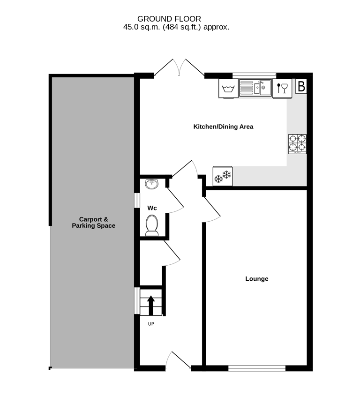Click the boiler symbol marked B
coord(301,86)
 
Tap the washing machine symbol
coord(228,89)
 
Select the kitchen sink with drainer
coord(255,88)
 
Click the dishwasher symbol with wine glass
coord(282,89)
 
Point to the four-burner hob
coord(297,144)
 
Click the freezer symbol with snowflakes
coord(223,176)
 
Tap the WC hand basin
coord(152,184)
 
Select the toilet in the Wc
coord(152,226)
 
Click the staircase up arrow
coord(151,305)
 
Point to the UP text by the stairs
coord(151,324)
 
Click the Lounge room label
coord(257,279)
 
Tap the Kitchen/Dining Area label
coord(223,127)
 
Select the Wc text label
coord(152,208)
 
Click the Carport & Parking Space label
coord(94,222)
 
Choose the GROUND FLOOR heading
coord(169,19)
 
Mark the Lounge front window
coord(257,368)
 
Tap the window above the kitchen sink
coord(254,75)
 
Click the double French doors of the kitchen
coord(179,67)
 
